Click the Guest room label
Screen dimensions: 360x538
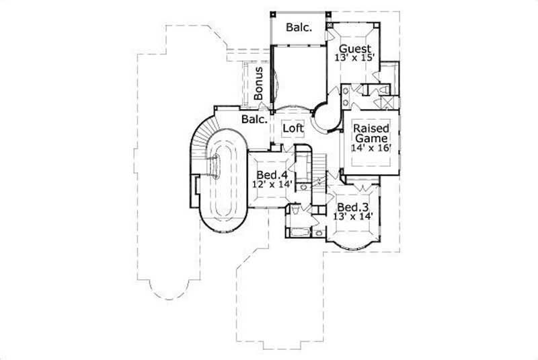[x=356, y=48]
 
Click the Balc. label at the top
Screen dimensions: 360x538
[x=297, y=27]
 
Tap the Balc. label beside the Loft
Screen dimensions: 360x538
[x=256, y=120]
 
